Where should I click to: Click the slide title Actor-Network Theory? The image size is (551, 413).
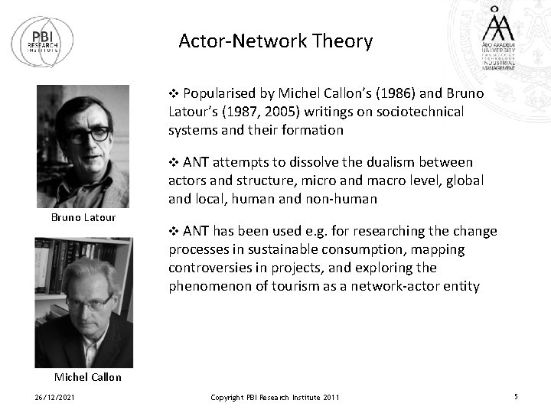[x=275, y=41]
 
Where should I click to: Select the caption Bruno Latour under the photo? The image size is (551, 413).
[x=83, y=217]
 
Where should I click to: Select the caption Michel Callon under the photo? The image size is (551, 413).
[x=88, y=377]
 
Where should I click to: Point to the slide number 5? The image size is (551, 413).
[x=516, y=396]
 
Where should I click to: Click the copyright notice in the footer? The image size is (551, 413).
[x=275, y=397]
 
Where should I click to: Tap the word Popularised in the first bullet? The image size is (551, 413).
[x=218, y=93]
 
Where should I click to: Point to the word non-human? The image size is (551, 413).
[x=342, y=199]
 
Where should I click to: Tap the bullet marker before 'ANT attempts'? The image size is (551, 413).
[x=173, y=162]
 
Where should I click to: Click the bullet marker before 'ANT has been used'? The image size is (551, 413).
[x=173, y=231]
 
